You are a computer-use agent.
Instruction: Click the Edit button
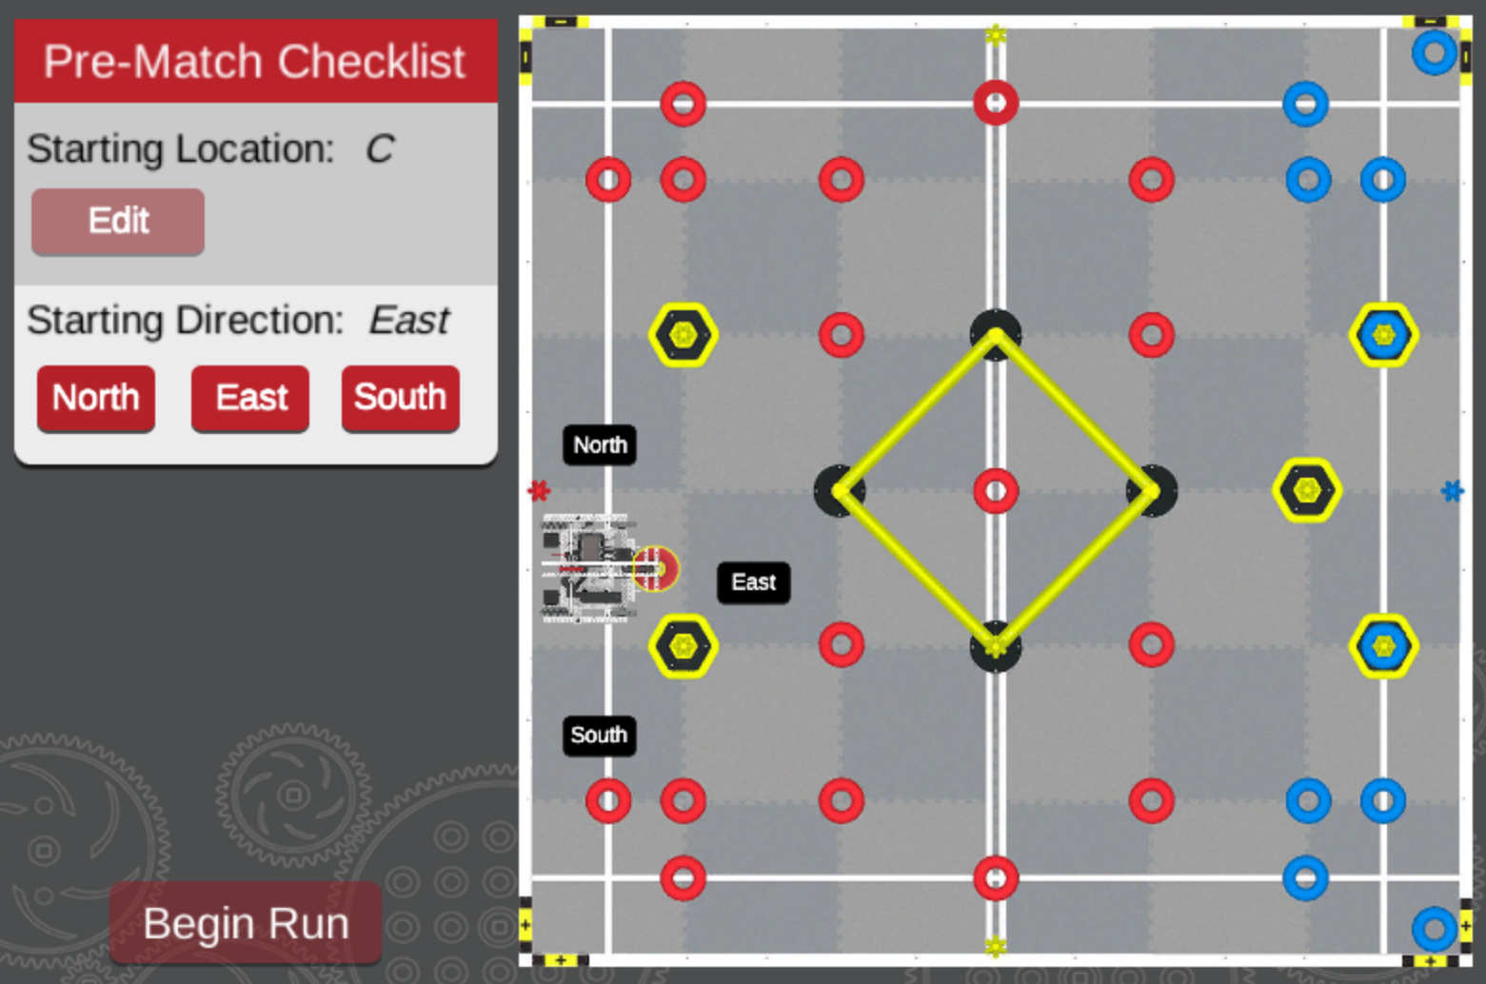(118, 221)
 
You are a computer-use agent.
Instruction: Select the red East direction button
(250, 398)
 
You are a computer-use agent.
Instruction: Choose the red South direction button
(400, 398)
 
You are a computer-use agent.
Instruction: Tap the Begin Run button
(246, 923)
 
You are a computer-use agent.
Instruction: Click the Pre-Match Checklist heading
(255, 62)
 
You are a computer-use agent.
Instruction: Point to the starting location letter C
(379, 149)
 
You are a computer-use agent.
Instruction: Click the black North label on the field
(600, 444)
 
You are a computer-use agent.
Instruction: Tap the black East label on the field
(753, 582)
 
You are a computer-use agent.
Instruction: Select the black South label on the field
(599, 736)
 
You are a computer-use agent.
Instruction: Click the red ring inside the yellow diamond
(996, 491)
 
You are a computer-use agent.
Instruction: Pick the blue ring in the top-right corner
(1435, 52)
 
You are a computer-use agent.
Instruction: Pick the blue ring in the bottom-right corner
(1435, 929)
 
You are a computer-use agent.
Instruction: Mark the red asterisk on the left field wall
(539, 491)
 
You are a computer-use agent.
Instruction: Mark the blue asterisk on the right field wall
(1452, 491)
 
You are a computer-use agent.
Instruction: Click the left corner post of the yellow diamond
(840, 491)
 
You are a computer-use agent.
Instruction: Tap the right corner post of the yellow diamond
(1152, 491)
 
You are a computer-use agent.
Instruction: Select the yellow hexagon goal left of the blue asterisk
(1307, 490)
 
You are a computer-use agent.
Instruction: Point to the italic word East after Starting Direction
(408, 321)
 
